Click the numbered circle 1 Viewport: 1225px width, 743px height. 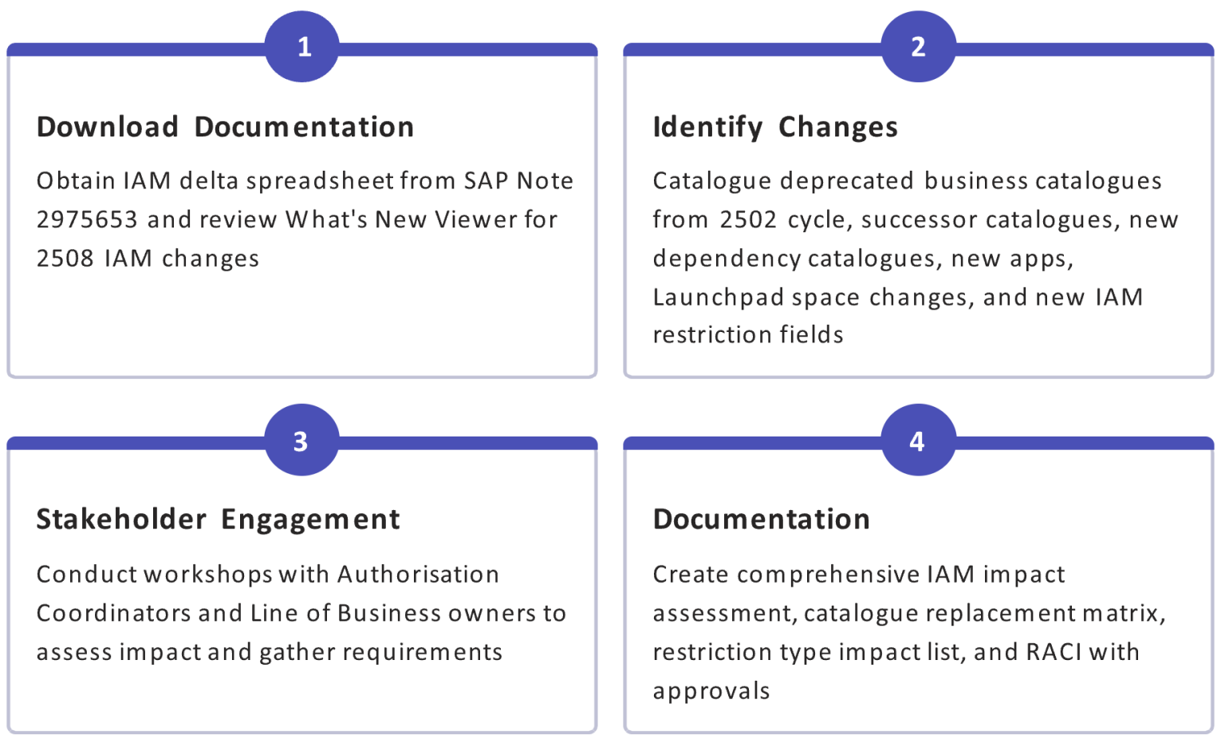point(302,46)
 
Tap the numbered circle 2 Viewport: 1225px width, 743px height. point(918,46)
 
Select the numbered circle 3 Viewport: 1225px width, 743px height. point(302,440)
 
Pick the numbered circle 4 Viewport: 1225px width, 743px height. point(918,440)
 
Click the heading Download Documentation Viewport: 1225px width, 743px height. point(226,127)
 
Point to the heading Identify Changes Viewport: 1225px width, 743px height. point(775,128)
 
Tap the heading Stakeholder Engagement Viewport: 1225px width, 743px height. point(219,520)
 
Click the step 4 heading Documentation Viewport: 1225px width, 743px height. point(762,520)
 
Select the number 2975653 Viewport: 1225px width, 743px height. point(87,220)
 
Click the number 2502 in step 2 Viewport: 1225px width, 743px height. point(748,220)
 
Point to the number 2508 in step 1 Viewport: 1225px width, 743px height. point(65,259)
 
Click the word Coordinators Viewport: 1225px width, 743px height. point(113,614)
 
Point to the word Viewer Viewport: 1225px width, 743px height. point(475,220)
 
